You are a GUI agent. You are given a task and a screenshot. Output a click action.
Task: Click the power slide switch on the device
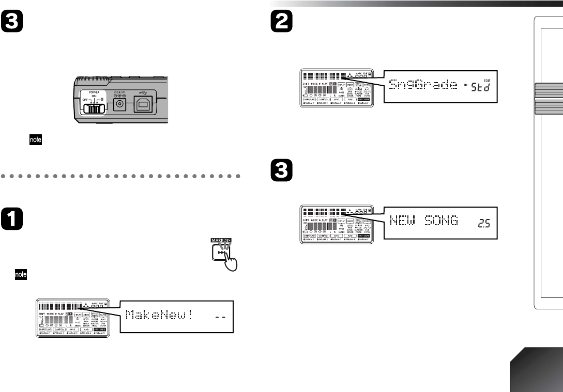(92, 108)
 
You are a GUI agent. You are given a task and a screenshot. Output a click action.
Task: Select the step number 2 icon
(281, 22)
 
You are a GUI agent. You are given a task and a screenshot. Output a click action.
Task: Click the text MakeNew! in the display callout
(160, 315)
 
